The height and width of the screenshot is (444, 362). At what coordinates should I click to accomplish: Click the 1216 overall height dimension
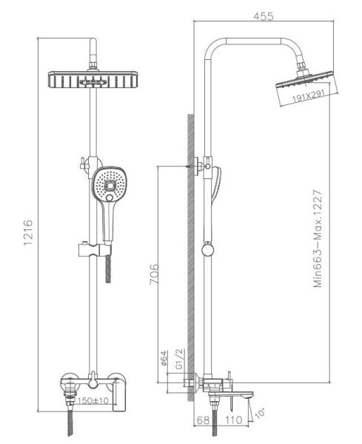click(28, 234)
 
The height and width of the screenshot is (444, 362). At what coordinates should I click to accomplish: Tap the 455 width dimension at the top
click(264, 16)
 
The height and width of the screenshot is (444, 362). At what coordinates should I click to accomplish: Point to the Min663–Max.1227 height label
click(318, 239)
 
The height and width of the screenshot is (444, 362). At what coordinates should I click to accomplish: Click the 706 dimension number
click(155, 274)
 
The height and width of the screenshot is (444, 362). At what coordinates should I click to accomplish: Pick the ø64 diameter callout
click(164, 359)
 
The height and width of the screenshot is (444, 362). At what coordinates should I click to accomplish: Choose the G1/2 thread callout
click(180, 359)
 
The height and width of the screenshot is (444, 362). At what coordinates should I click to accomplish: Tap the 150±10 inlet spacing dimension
click(93, 400)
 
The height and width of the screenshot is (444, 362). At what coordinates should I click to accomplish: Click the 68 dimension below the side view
click(203, 420)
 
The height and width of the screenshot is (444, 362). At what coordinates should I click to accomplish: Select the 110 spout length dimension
click(234, 420)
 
